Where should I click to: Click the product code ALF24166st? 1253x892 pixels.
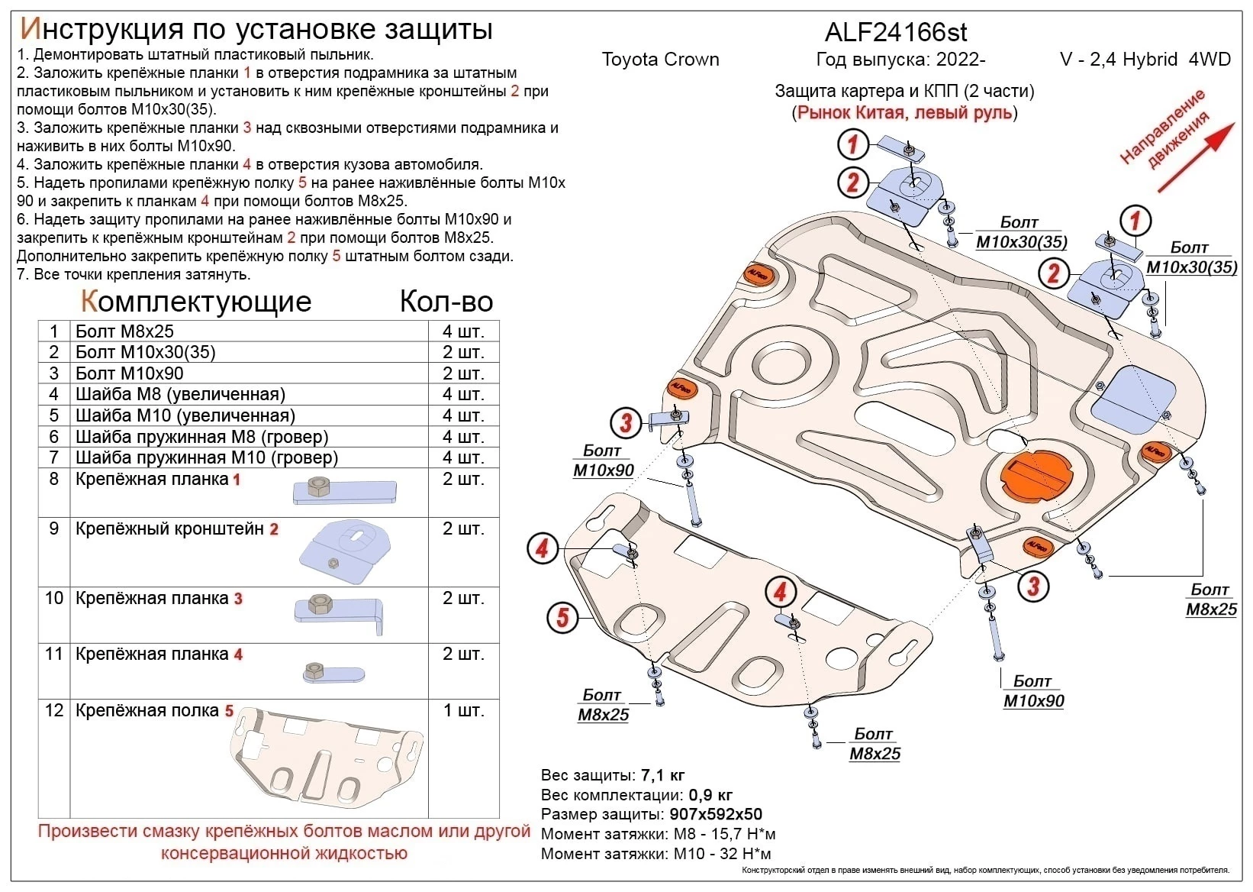[x=896, y=32]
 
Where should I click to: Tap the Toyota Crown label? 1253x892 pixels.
[x=660, y=60]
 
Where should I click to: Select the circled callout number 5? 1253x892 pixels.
[x=562, y=616]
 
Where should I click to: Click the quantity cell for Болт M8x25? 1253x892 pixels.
[x=462, y=331]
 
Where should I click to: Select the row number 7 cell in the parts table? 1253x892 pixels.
[x=53, y=457]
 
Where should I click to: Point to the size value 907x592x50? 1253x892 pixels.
[x=715, y=815]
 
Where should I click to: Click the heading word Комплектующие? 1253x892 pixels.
[x=196, y=302]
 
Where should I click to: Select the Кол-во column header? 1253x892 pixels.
[x=446, y=302]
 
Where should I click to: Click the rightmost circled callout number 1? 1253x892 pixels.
[x=1135, y=221]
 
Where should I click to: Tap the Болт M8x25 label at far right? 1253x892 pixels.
[x=1210, y=600]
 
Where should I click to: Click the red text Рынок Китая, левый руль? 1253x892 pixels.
[x=904, y=113]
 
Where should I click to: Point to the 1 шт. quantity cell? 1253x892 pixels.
[x=462, y=710]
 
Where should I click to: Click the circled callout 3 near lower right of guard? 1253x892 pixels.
[x=1032, y=586]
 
